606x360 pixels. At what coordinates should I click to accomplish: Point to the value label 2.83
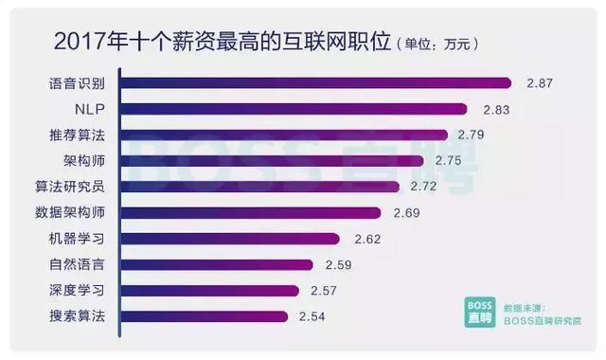495,110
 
